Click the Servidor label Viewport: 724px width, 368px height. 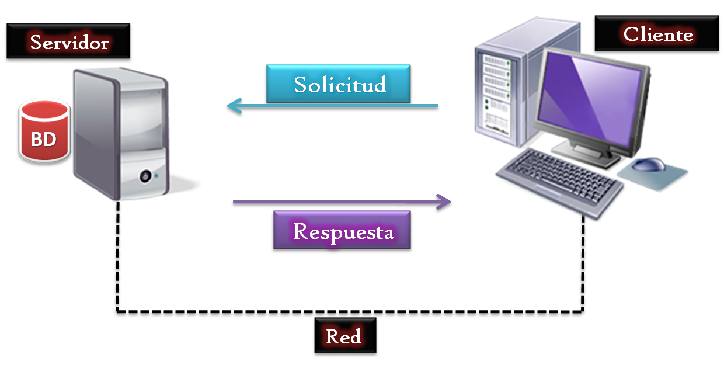69,43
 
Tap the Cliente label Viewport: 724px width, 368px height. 657,35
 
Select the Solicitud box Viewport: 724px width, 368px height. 339,84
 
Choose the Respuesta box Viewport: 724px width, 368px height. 342,231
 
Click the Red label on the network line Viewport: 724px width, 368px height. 344,337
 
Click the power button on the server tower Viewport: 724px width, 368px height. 145,175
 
